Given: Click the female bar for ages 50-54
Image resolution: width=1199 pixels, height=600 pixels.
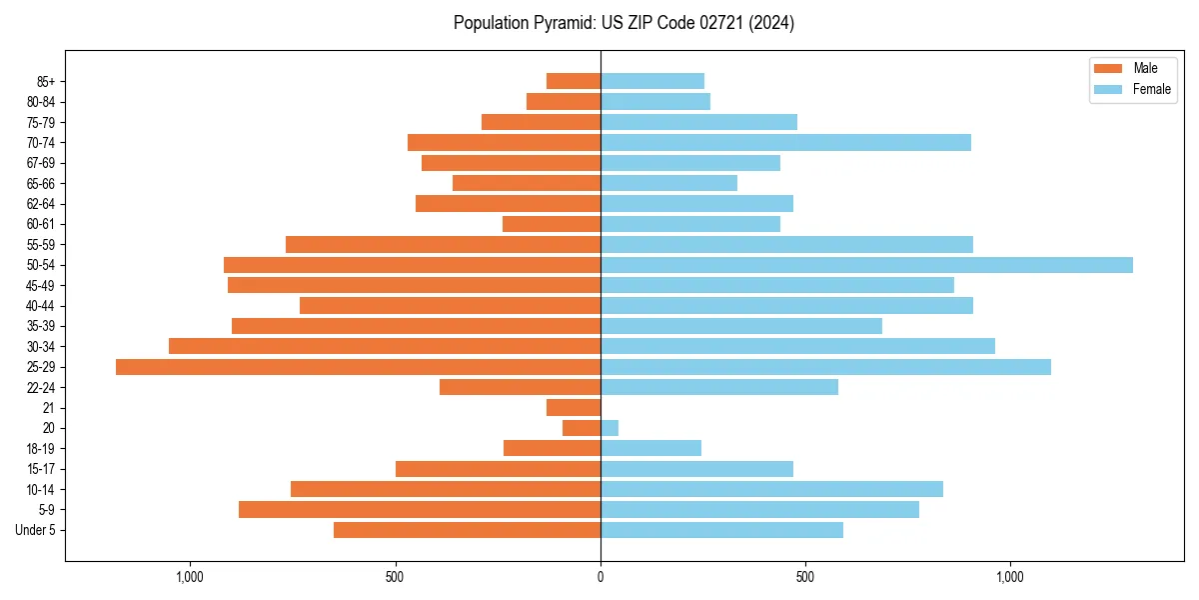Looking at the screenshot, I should click(866, 265).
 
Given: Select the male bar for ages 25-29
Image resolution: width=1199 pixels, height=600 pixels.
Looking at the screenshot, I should click(358, 367).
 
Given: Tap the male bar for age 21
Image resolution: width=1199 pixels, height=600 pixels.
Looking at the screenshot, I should click(574, 408).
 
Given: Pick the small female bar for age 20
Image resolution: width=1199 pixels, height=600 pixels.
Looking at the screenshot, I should click(609, 428).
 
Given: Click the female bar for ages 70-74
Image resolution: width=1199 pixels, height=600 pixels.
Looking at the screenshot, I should click(785, 142).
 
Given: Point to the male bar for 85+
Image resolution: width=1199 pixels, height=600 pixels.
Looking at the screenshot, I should click(574, 81).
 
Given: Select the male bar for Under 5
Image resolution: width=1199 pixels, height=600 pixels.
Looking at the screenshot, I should click(467, 530).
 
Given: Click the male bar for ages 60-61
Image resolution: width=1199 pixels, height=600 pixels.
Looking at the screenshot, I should click(552, 224).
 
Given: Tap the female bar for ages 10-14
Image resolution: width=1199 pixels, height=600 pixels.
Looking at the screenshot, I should click(771, 489).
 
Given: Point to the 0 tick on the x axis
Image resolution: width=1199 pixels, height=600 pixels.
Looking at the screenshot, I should click(600, 577).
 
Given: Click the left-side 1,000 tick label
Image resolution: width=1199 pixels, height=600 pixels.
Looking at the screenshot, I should click(190, 577).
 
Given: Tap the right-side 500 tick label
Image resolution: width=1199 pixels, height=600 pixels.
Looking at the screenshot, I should click(805, 577).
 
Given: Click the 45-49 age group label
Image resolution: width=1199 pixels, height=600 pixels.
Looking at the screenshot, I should click(41, 285).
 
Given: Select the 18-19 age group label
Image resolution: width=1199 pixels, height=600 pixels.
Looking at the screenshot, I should click(41, 449).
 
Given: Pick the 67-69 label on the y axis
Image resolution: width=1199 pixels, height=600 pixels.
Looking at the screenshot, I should click(41, 163).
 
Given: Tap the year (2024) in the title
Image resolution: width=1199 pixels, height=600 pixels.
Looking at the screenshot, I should click(774, 23).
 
